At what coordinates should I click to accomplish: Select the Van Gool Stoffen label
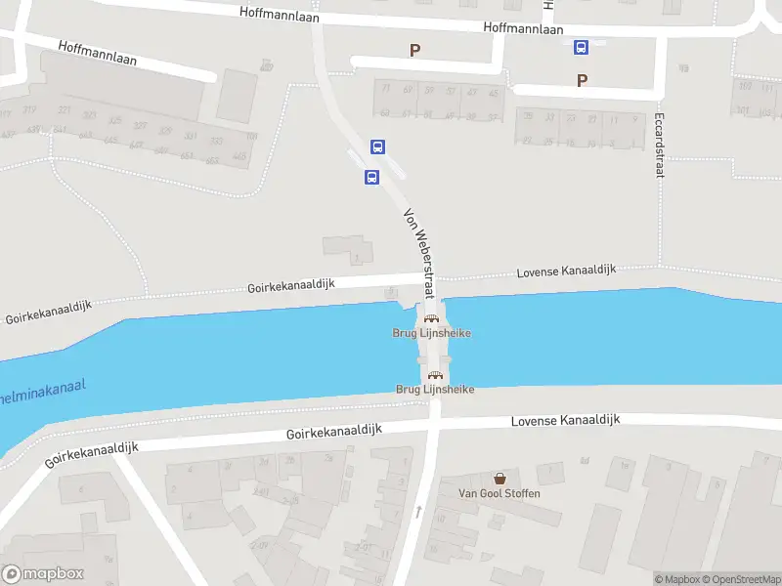coord(500,493)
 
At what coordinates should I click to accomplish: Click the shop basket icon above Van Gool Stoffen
coord(500,479)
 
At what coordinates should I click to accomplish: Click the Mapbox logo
coord(43,574)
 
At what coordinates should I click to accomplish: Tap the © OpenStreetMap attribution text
coord(740,580)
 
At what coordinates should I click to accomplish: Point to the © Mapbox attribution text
coord(677,580)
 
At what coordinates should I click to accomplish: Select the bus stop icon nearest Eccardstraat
coord(581,47)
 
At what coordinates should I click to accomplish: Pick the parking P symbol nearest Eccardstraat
coord(583,81)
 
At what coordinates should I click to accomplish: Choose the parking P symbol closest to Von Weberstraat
coord(414,50)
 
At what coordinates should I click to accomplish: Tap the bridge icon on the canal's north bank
coord(430,318)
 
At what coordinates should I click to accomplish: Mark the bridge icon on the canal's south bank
coord(436,375)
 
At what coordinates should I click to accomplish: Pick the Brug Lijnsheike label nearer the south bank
coord(435,390)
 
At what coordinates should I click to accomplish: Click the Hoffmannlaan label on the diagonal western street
coord(97,53)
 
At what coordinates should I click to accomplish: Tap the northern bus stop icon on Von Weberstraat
coord(377,147)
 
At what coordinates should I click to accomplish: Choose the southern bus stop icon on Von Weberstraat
coord(371,178)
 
